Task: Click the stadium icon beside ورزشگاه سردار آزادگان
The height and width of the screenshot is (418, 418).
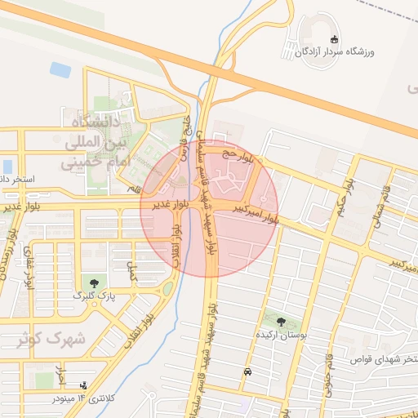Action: pyautogui.click(x=333, y=39)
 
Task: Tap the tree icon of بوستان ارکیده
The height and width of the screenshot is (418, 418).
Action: pyautogui.click(x=280, y=322)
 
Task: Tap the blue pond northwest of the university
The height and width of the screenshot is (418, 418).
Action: pyautogui.click(x=60, y=69)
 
